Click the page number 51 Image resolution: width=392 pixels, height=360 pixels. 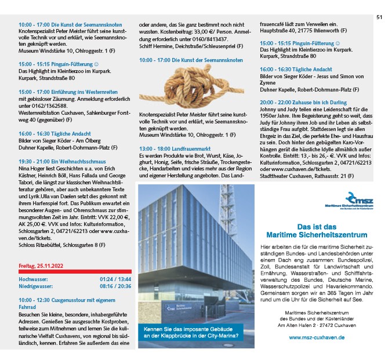(379, 17)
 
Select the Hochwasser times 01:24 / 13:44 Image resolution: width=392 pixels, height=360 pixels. (115, 279)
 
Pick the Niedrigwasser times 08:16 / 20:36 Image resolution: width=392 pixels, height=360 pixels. (115, 286)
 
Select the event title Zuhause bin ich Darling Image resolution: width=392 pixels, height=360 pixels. (313, 101)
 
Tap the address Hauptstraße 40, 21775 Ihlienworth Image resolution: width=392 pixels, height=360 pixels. (303, 30)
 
